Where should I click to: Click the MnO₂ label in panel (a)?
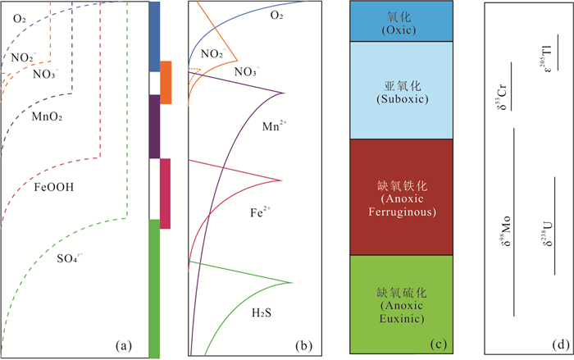tap(48, 117)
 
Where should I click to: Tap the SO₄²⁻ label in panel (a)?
tap(71, 259)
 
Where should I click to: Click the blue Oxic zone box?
tap(402, 21)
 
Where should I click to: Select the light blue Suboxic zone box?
tap(402, 90)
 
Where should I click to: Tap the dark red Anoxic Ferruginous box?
tap(402, 197)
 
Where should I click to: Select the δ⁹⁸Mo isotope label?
tap(501, 232)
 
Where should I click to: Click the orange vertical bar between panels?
tap(165, 82)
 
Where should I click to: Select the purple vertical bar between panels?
tap(154, 126)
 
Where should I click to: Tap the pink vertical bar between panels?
tap(165, 194)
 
